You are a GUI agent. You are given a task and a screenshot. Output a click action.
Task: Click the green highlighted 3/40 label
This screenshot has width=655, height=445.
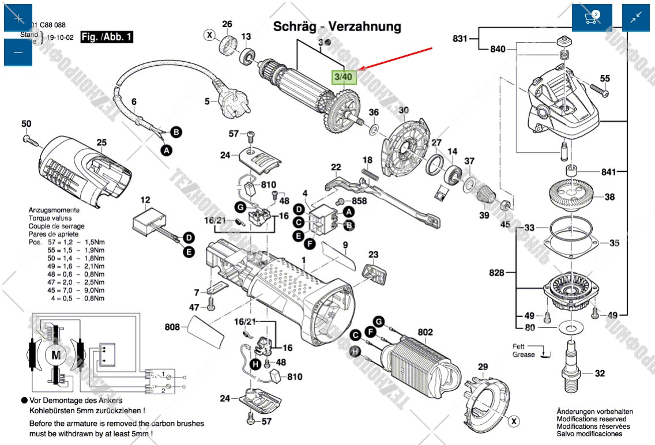coord(344,76)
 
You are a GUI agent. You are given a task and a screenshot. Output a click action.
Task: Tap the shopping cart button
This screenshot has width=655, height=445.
coord(592,17)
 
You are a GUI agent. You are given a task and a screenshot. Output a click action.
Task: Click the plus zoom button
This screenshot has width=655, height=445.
coord(18,17)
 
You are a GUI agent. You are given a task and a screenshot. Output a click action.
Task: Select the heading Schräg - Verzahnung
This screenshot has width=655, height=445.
coord(337,27)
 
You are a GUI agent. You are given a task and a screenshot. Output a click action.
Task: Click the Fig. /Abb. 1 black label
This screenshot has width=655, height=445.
coord(107,37)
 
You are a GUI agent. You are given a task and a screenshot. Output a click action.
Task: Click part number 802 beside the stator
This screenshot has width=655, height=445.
coord(425,333)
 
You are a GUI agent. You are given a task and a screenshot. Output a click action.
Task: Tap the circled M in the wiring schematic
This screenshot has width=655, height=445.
coord(56,356)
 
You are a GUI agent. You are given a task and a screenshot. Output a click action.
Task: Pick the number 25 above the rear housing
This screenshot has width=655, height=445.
coord(101,142)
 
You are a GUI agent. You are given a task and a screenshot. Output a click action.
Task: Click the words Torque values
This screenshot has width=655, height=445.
coord(50,218)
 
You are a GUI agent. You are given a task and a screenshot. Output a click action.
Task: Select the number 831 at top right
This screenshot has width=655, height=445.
coord(460,39)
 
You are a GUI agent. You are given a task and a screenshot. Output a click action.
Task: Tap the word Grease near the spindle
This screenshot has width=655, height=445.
coord(524,355)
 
